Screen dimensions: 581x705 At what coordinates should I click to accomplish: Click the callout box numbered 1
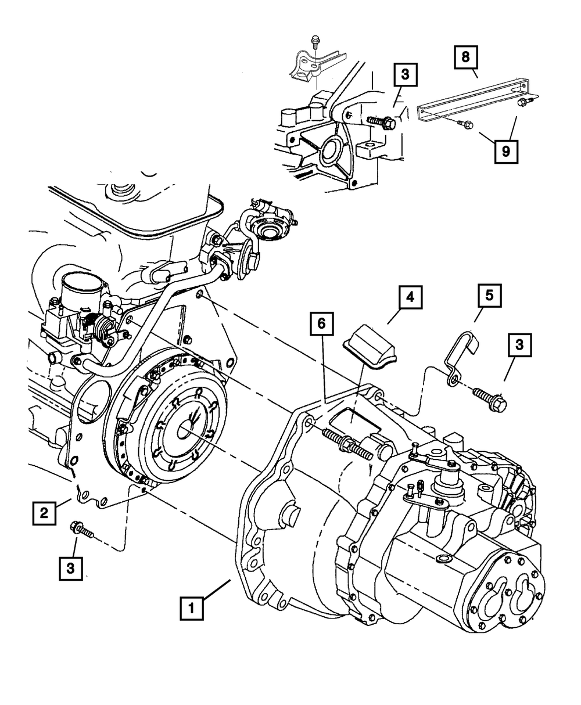(x=192, y=609)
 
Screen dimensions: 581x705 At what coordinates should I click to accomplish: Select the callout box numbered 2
(x=44, y=513)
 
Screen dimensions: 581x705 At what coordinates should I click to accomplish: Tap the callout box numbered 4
(x=410, y=297)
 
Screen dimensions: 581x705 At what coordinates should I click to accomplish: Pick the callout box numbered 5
(x=489, y=296)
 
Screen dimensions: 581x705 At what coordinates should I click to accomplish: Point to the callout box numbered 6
(x=321, y=323)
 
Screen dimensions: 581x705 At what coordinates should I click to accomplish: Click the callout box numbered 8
(x=466, y=57)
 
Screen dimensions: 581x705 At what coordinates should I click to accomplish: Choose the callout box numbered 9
(x=506, y=152)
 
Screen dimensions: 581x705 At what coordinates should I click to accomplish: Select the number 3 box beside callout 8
(x=406, y=74)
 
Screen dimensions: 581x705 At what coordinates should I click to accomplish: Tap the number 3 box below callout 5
(x=519, y=345)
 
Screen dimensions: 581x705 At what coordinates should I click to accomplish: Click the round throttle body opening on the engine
(x=82, y=289)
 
